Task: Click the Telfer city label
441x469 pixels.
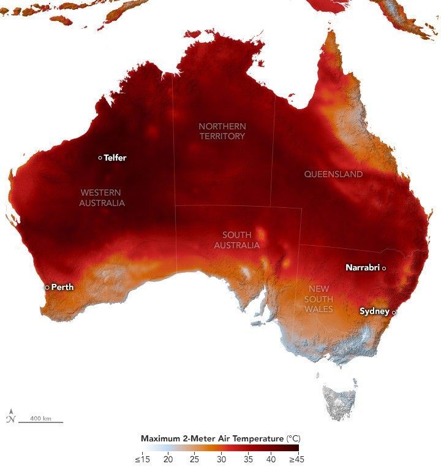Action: tap(115, 158)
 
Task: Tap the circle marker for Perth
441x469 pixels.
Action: tap(47, 287)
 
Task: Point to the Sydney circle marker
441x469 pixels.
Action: tap(394, 312)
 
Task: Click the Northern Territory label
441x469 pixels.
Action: tap(222, 131)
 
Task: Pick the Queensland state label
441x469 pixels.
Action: tap(333, 174)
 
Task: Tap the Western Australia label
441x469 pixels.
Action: tap(102, 197)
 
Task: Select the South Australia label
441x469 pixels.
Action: tap(236, 240)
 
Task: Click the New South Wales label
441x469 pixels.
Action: tap(318, 299)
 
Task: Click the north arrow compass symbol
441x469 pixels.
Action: tap(10, 416)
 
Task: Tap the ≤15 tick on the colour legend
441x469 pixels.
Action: tap(142, 459)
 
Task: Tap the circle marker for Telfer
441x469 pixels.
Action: tap(100, 158)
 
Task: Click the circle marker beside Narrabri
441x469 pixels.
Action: tap(384, 267)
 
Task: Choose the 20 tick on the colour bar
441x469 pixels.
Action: tap(168, 459)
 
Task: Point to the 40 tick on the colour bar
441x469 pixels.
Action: tap(270, 459)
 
